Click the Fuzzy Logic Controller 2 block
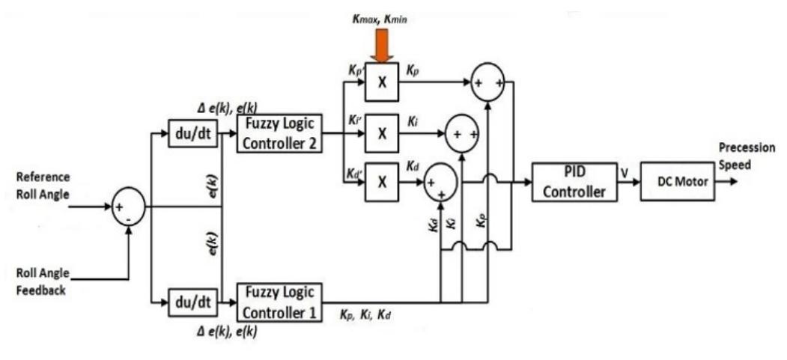pos(279,133)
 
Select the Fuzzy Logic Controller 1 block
pos(279,302)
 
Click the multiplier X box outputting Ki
pos(381,134)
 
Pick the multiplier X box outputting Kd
pos(381,183)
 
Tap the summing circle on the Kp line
pos(488,84)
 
